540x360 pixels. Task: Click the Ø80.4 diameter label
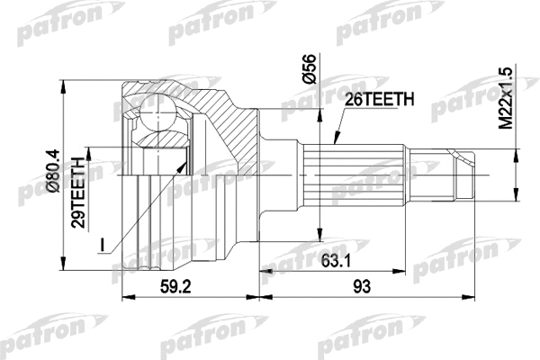pyautogui.click(x=53, y=171)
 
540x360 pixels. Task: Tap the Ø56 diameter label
pyautogui.click(x=309, y=68)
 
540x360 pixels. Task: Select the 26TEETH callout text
pyautogui.click(x=379, y=100)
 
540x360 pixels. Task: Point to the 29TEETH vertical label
pyautogui.click(x=78, y=193)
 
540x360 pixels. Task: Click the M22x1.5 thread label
pyautogui.click(x=506, y=99)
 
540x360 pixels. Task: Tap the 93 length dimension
pyautogui.click(x=362, y=286)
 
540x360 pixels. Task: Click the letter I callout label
pyautogui.click(x=102, y=244)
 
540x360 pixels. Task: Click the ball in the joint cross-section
pyautogui.click(x=158, y=112)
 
